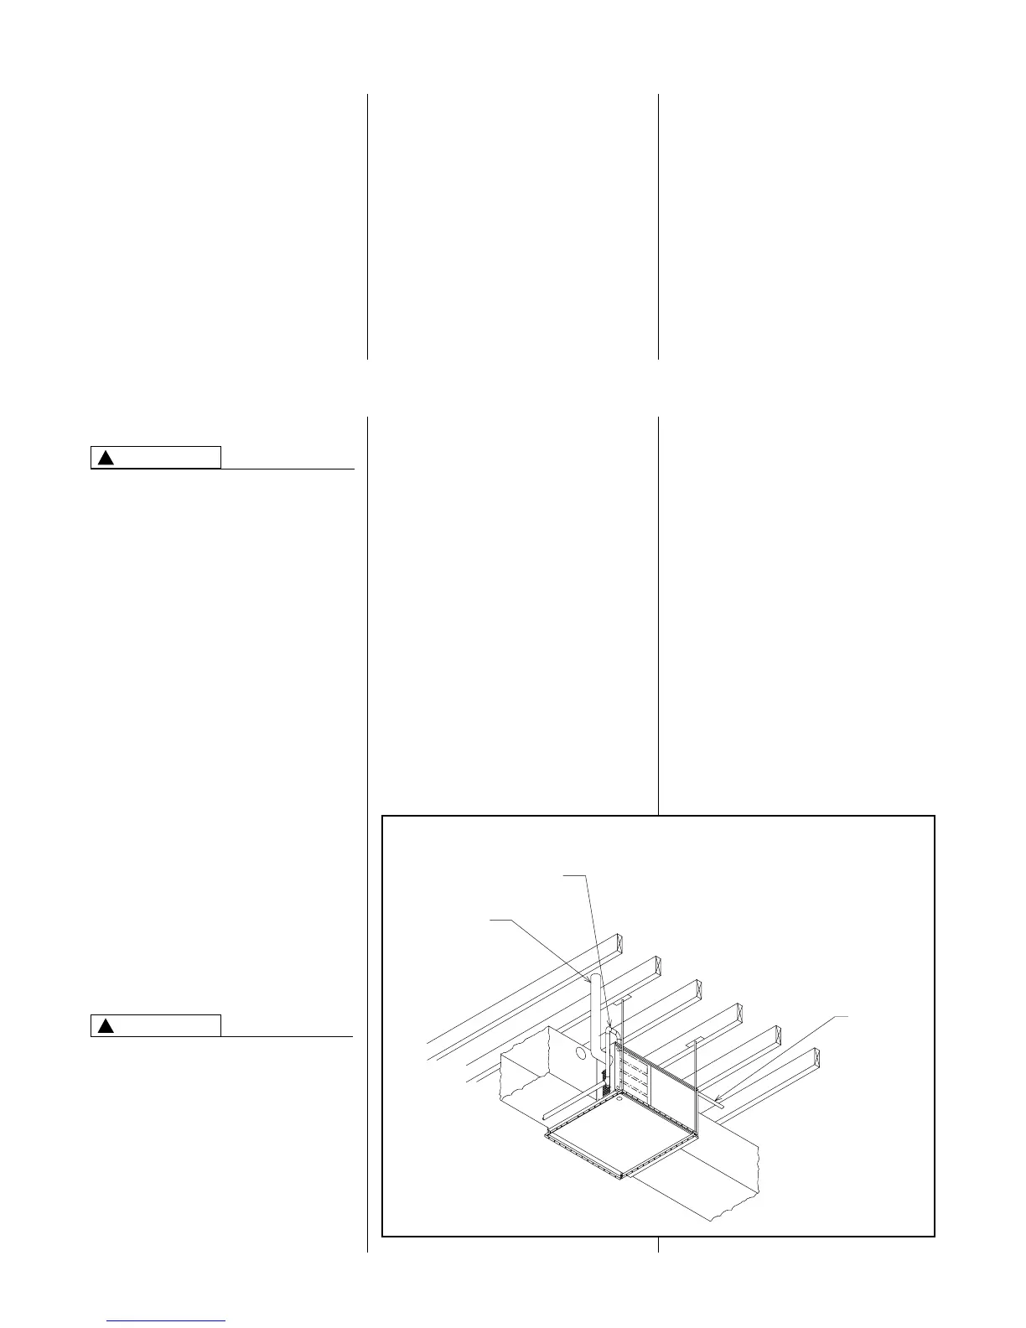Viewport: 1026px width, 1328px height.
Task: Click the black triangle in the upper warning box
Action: point(105,458)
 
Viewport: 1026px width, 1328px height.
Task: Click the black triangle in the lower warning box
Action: point(105,1025)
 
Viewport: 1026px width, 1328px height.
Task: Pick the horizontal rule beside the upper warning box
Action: point(288,469)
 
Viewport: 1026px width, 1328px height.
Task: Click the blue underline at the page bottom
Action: point(167,1320)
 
